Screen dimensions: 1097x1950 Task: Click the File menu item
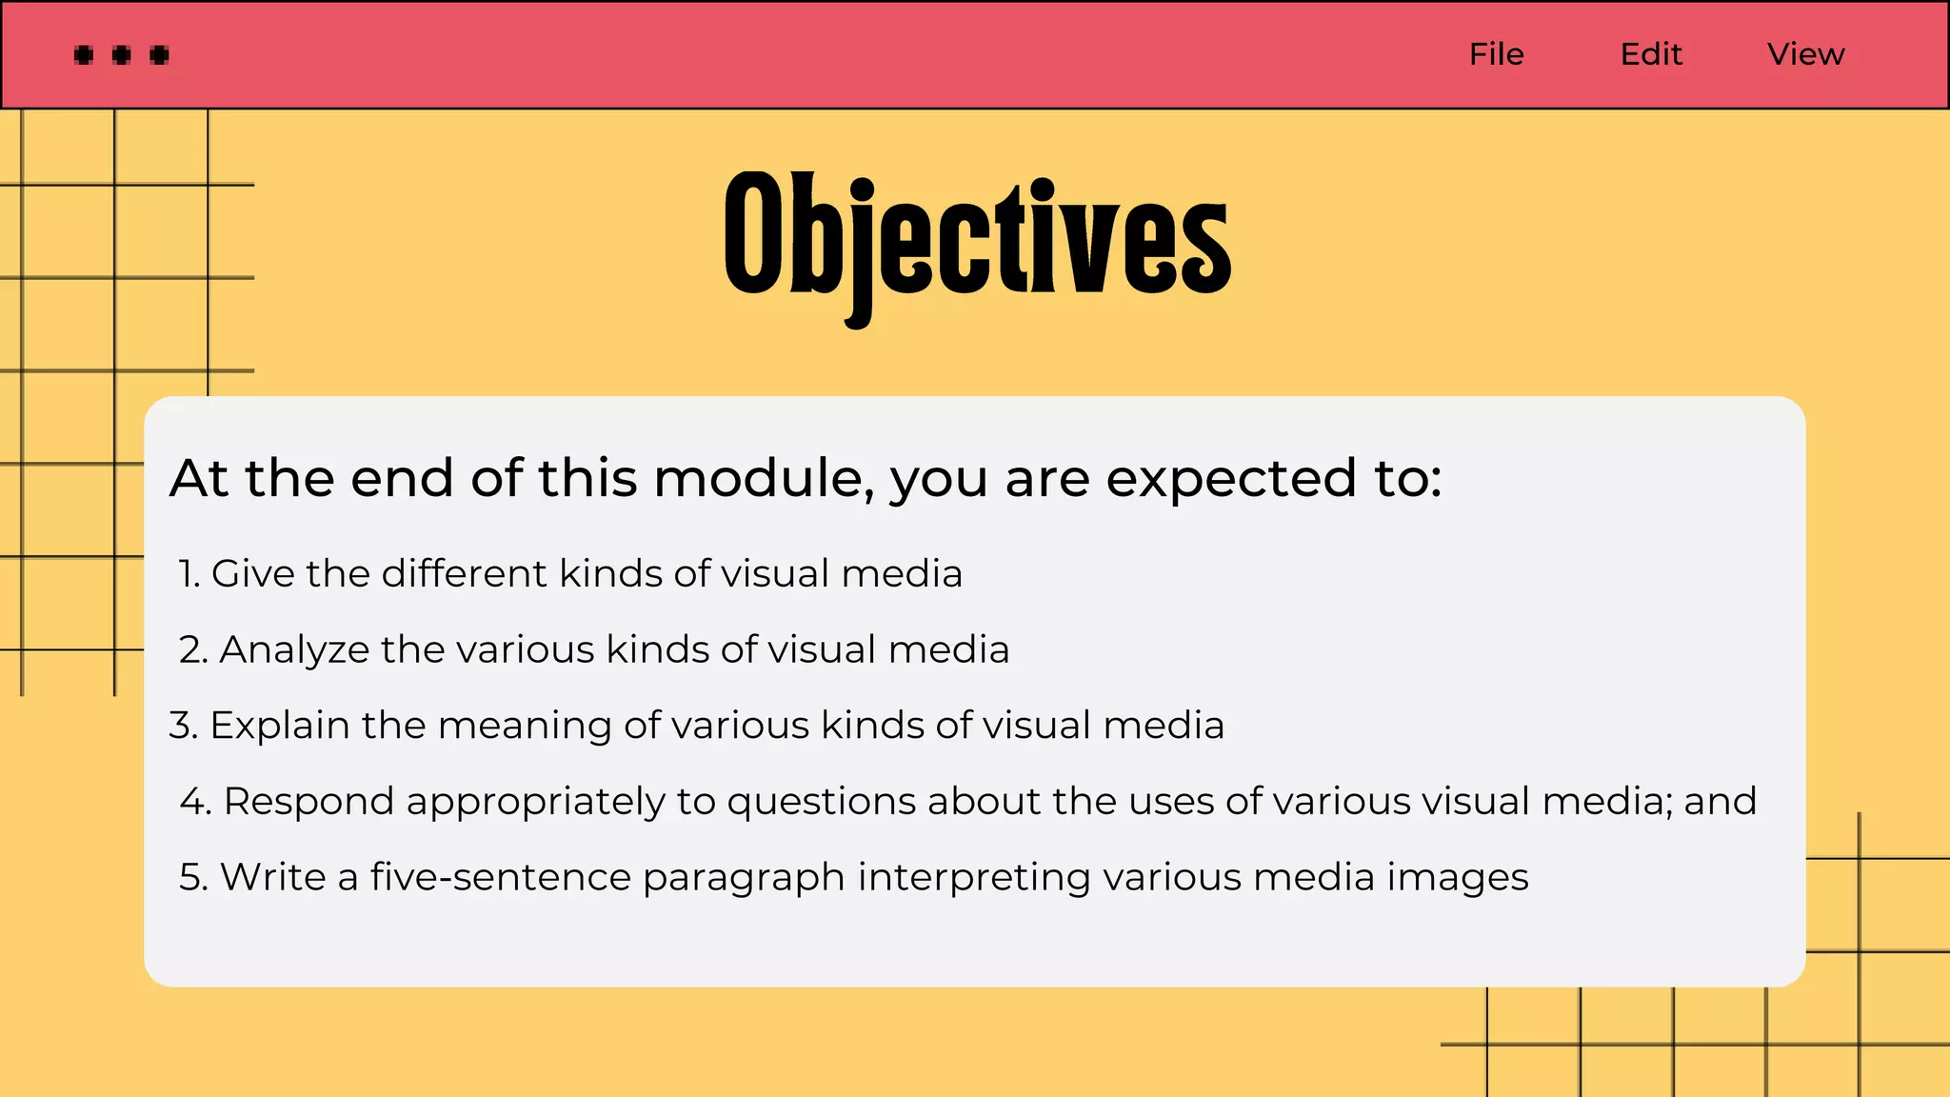pyautogui.click(x=1496, y=54)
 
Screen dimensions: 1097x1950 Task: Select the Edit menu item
pyautogui.click(x=1651, y=54)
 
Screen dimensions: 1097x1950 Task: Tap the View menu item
pyautogui.click(x=1805, y=54)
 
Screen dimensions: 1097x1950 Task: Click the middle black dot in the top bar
pyautogui.click(x=121, y=55)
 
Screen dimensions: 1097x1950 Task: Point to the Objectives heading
pyautogui.click(x=977, y=238)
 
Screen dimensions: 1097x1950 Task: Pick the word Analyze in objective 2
pyautogui.click(x=294, y=649)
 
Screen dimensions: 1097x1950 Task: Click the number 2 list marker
pyautogui.click(x=192, y=650)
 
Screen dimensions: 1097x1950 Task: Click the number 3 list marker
pyautogui.click(x=183, y=726)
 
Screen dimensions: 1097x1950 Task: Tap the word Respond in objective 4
pyautogui.click(x=308, y=802)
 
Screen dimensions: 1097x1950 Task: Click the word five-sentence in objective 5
pyautogui.click(x=501, y=877)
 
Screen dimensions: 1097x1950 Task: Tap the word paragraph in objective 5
pyautogui.click(x=744, y=878)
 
